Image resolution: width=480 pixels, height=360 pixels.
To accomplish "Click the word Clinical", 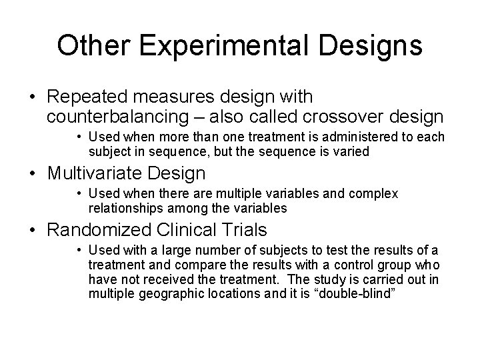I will pyautogui.click(x=189, y=231).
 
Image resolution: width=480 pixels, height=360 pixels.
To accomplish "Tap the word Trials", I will pyautogui.click(x=245, y=231).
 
